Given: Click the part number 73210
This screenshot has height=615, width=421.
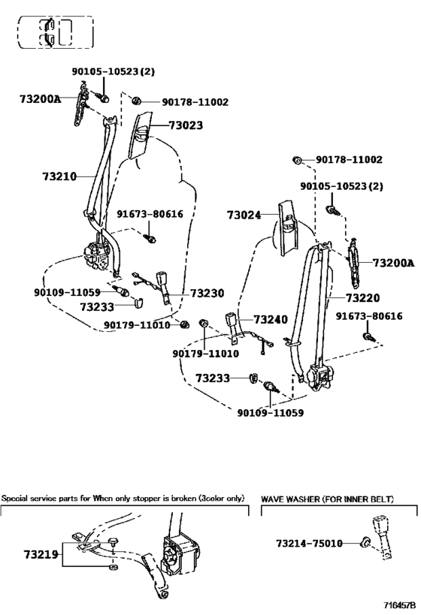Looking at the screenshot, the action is click(x=59, y=176).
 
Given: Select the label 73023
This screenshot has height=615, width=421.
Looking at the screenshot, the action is click(x=186, y=125).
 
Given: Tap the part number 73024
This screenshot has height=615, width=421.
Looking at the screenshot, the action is click(x=244, y=215).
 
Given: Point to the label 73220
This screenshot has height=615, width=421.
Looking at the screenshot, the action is click(x=363, y=298).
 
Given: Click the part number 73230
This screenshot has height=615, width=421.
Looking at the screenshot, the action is click(x=207, y=294).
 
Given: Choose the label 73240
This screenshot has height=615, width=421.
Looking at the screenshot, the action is click(x=271, y=320).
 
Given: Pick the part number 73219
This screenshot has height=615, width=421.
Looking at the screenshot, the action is click(x=41, y=555).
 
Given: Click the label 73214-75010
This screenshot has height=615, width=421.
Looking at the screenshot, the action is click(x=309, y=543).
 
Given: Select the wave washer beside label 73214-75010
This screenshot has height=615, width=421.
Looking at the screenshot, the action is click(x=365, y=543).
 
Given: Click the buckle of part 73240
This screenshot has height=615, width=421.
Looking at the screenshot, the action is click(x=230, y=319).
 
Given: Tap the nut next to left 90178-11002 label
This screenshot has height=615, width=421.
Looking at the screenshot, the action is click(x=136, y=101).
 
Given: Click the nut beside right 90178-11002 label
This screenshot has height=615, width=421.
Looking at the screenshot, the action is click(x=297, y=160).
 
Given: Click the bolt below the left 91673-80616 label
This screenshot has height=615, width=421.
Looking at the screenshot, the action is click(x=150, y=238).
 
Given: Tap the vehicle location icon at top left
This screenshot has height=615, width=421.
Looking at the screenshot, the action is click(x=56, y=32).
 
